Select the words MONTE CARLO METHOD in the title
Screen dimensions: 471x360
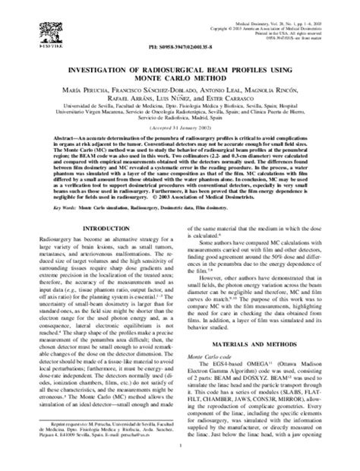click(x=179, y=77)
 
